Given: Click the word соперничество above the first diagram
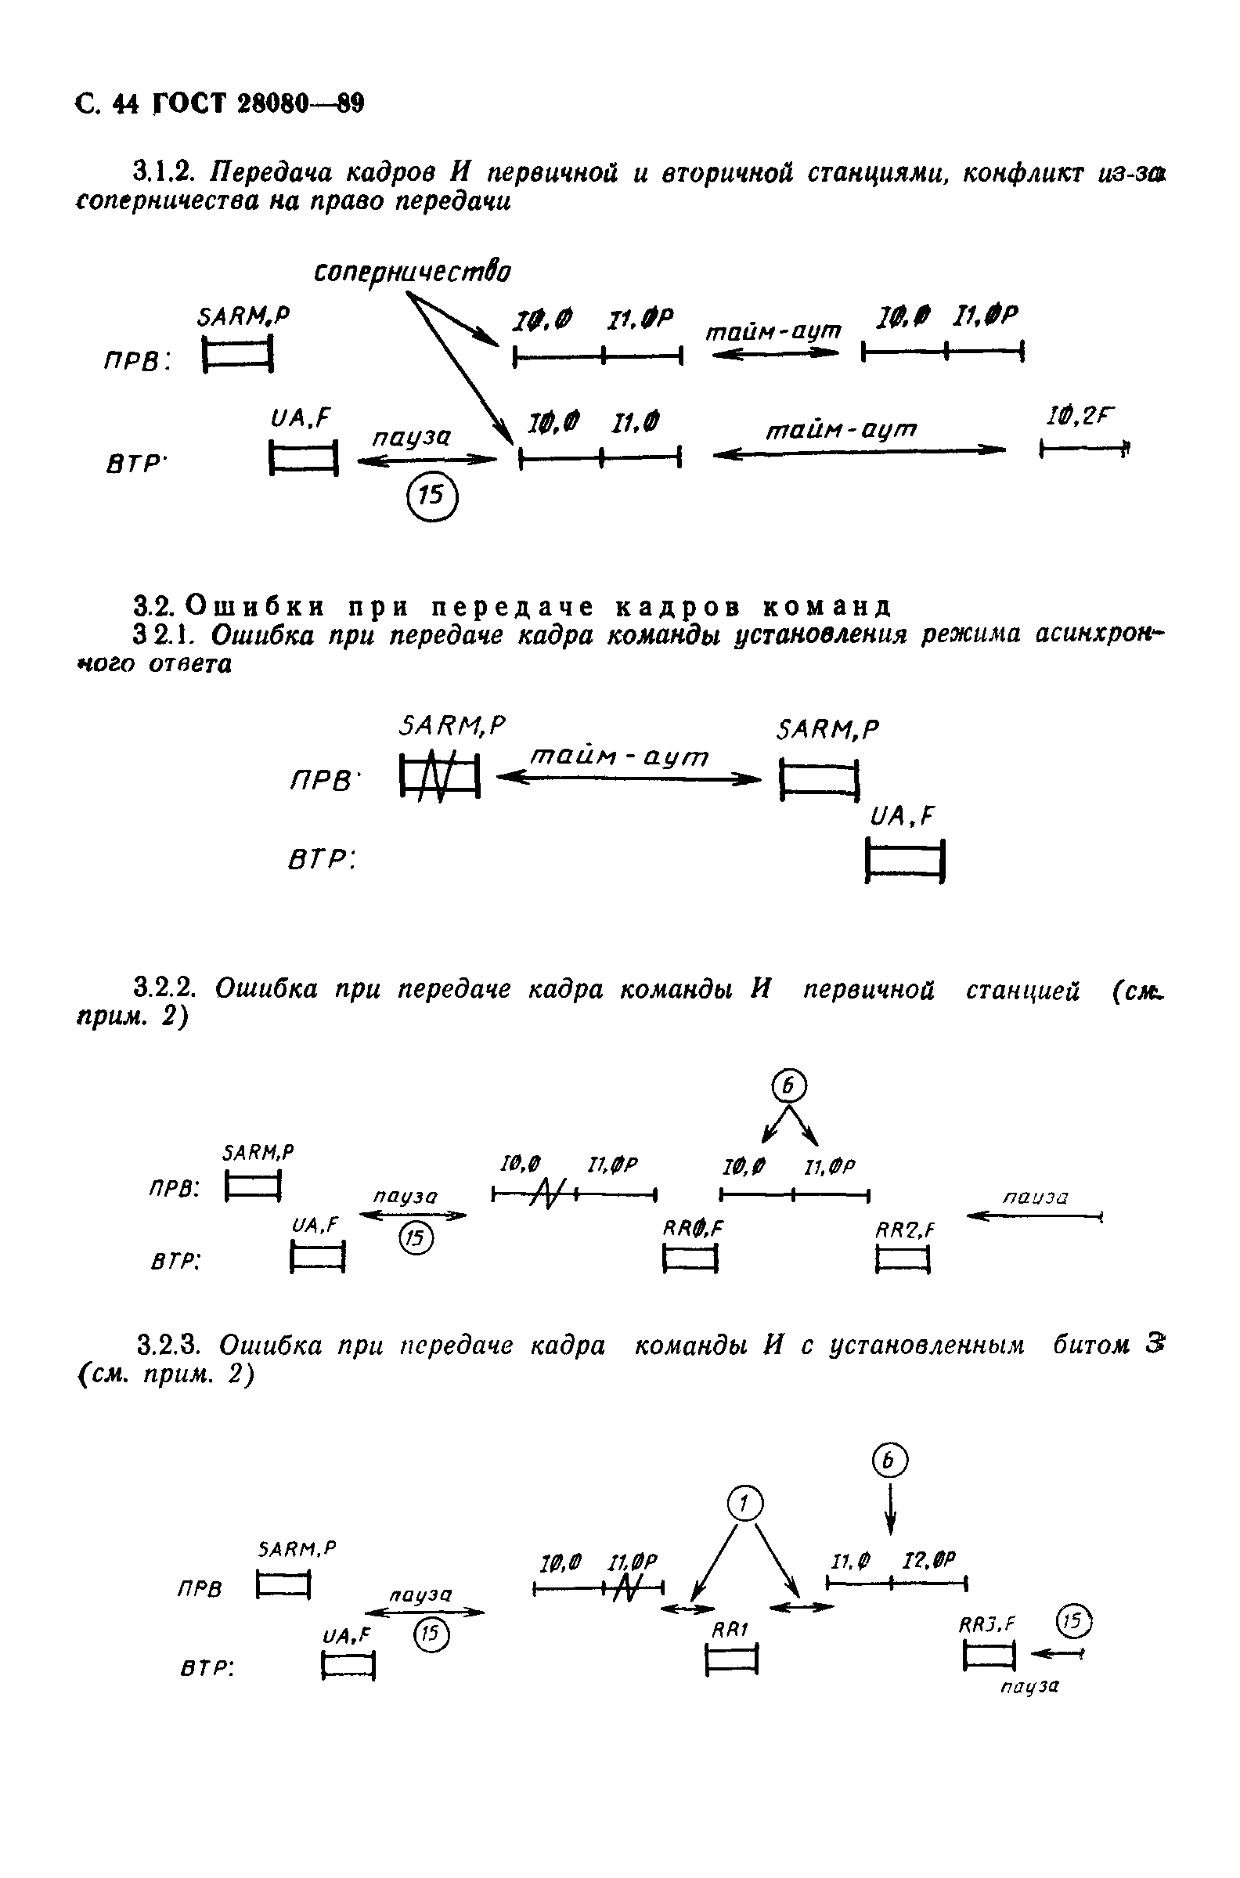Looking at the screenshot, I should coord(412,272).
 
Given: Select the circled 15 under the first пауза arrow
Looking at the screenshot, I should coord(432,497).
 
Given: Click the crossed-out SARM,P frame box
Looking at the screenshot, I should coord(440,777).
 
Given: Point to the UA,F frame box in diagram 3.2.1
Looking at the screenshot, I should coord(906,861).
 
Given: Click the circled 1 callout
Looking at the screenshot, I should coord(744,1503).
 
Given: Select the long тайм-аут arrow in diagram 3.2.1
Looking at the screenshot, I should coord(629,779).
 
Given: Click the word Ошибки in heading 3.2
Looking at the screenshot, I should coord(257,607).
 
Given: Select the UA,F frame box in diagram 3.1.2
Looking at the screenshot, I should coord(304,458).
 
